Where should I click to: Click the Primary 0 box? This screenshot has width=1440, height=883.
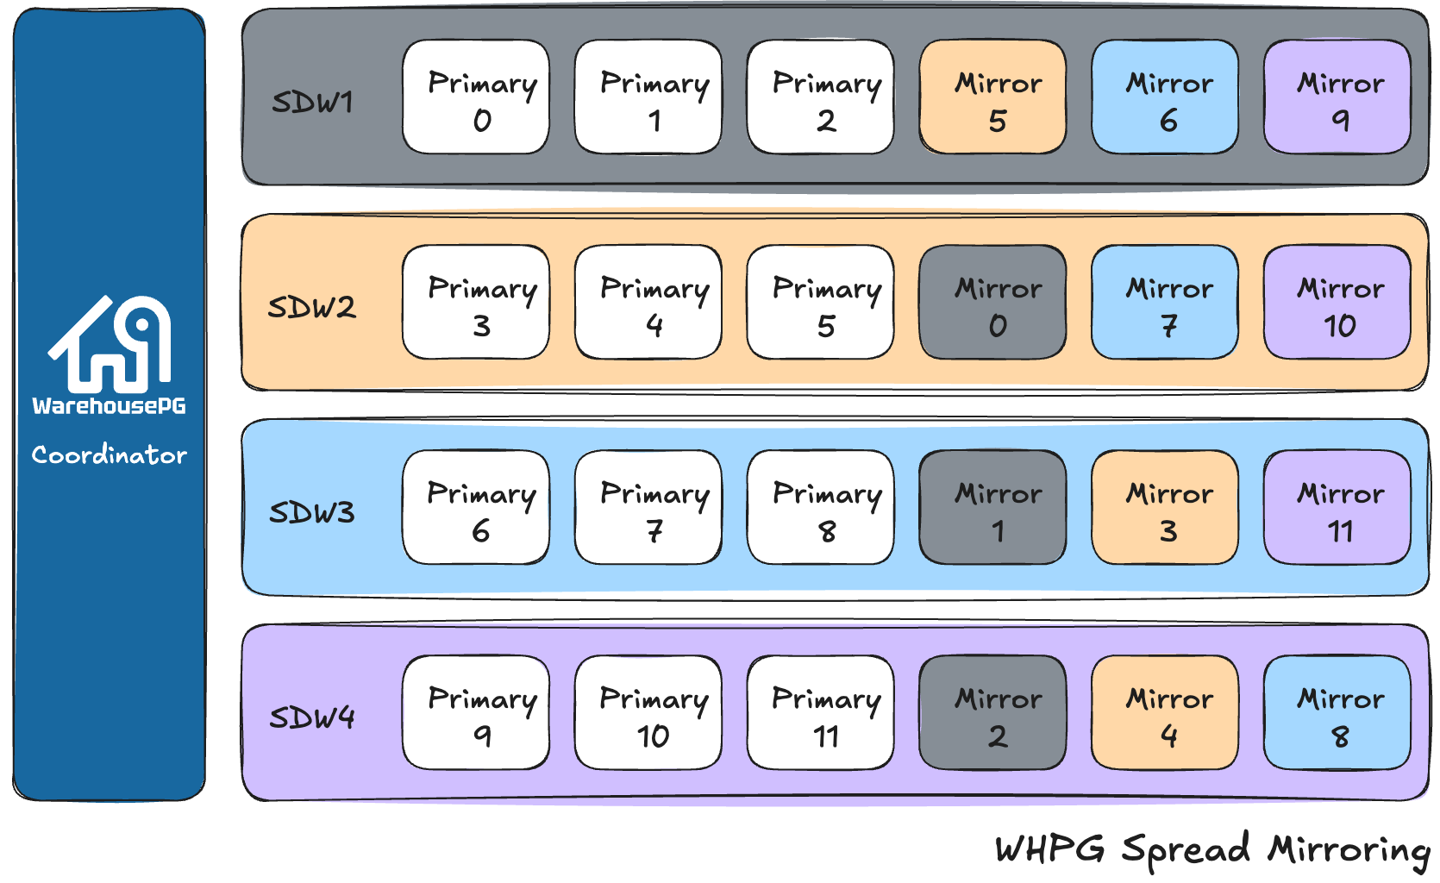[x=476, y=97]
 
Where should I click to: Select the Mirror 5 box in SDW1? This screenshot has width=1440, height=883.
[x=992, y=97]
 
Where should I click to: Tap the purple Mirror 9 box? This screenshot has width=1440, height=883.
[x=1337, y=97]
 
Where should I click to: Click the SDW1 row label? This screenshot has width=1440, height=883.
[x=312, y=102]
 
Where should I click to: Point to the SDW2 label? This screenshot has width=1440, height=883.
[x=311, y=307]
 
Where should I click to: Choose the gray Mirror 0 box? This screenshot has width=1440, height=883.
[x=992, y=303]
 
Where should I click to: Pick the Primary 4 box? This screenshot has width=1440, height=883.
[x=648, y=303]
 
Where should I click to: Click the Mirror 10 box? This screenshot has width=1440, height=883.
[x=1337, y=303]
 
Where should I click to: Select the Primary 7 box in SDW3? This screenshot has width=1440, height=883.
[x=648, y=508]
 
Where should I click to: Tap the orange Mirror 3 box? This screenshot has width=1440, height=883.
[x=1165, y=508]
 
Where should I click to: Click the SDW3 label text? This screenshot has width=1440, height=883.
[x=311, y=512]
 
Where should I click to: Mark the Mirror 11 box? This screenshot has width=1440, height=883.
[x=1337, y=508]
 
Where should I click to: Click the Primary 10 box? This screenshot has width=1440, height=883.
[x=648, y=713]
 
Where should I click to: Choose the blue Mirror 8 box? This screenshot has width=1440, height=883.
[x=1337, y=713]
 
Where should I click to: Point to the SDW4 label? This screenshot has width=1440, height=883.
[x=311, y=717]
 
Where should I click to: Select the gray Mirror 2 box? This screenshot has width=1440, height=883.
[x=992, y=713]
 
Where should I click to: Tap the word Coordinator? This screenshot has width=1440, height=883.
[x=110, y=454]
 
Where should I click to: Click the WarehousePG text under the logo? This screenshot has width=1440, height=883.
[x=110, y=406]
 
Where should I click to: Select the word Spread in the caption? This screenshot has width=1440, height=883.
[x=1186, y=850]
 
